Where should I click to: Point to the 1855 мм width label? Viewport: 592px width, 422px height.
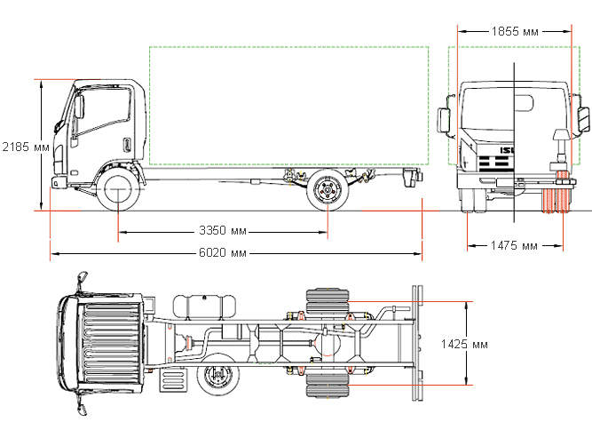[514, 31]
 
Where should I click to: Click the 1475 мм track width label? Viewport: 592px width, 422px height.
[514, 245]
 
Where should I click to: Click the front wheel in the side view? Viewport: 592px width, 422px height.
[118, 190]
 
